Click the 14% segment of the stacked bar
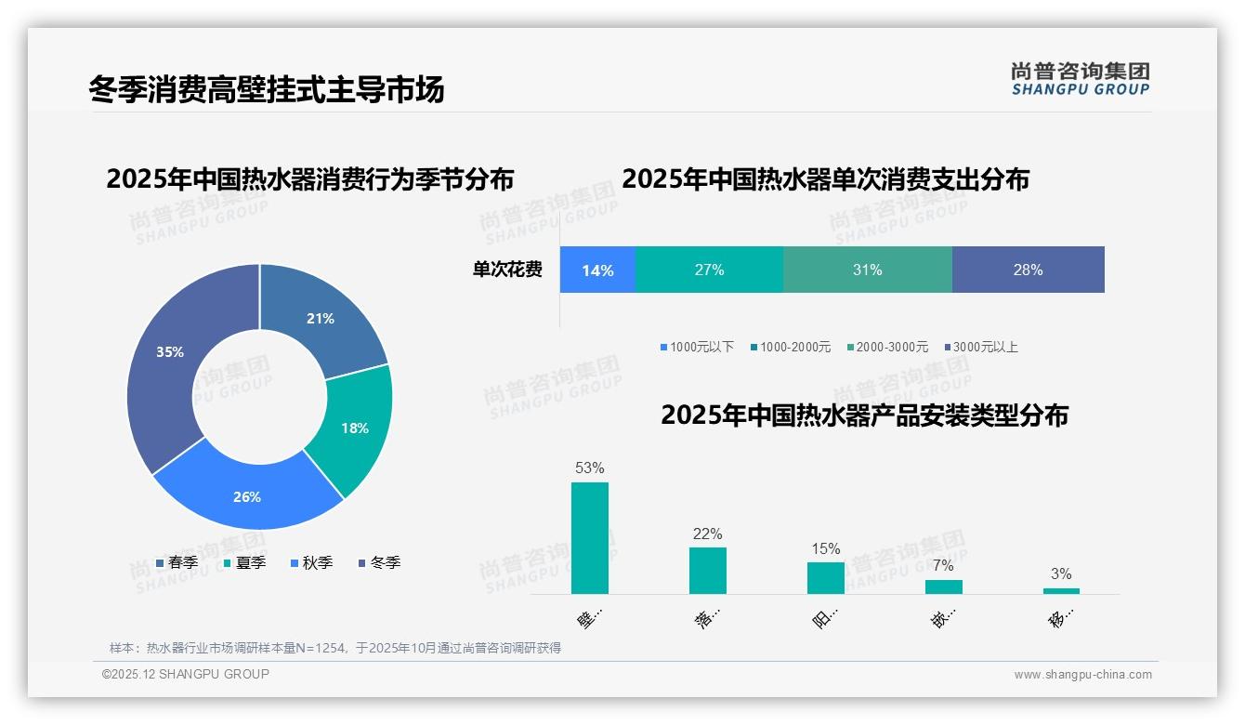tap(597, 270)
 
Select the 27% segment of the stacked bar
tap(709, 270)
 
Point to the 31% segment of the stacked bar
tap(867, 270)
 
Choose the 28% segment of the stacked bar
tap(1028, 270)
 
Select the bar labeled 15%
tap(826, 577)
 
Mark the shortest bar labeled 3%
tap(1061, 591)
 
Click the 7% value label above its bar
tap(943, 565)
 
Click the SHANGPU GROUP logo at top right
tap(1080, 79)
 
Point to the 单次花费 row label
tap(507, 270)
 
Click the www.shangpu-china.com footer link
tap(1082, 675)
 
